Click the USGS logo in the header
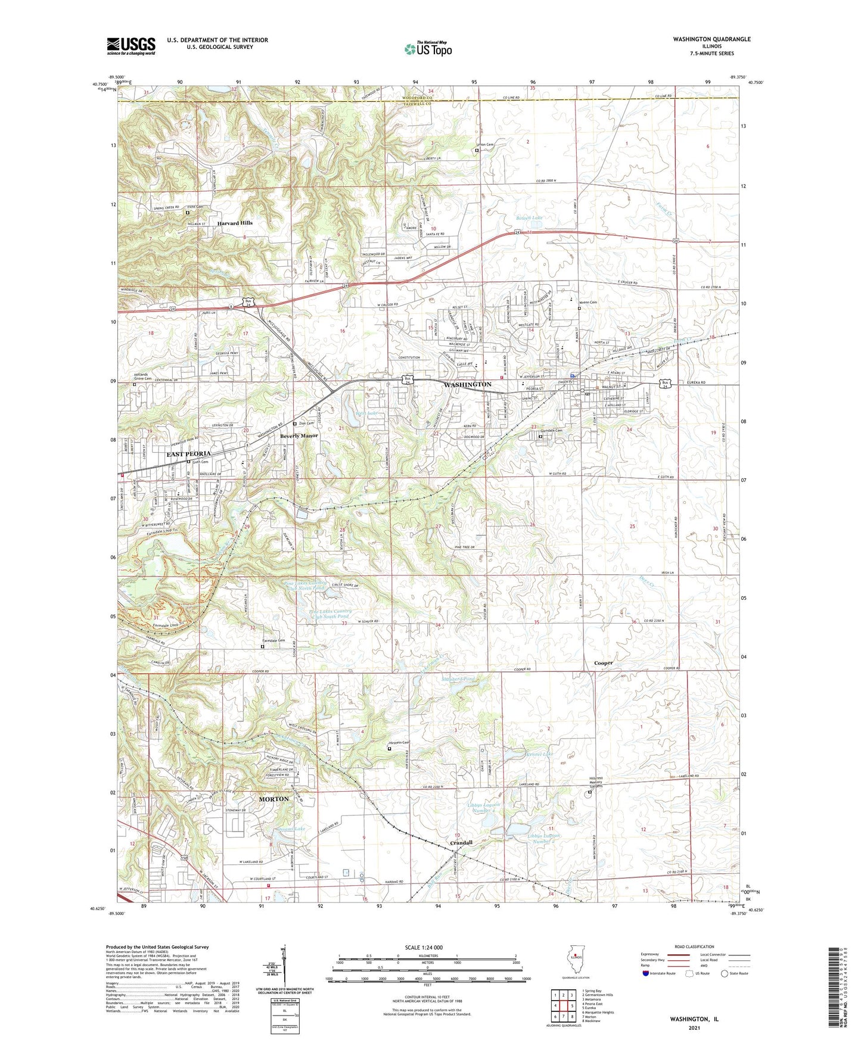[x=131, y=46]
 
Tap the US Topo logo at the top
[x=428, y=49]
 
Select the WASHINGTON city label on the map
[x=468, y=385]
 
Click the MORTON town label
[x=273, y=799]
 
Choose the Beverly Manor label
[x=299, y=435]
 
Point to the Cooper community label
[x=603, y=663]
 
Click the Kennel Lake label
[x=539, y=754]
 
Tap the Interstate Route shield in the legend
[x=647, y=974]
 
